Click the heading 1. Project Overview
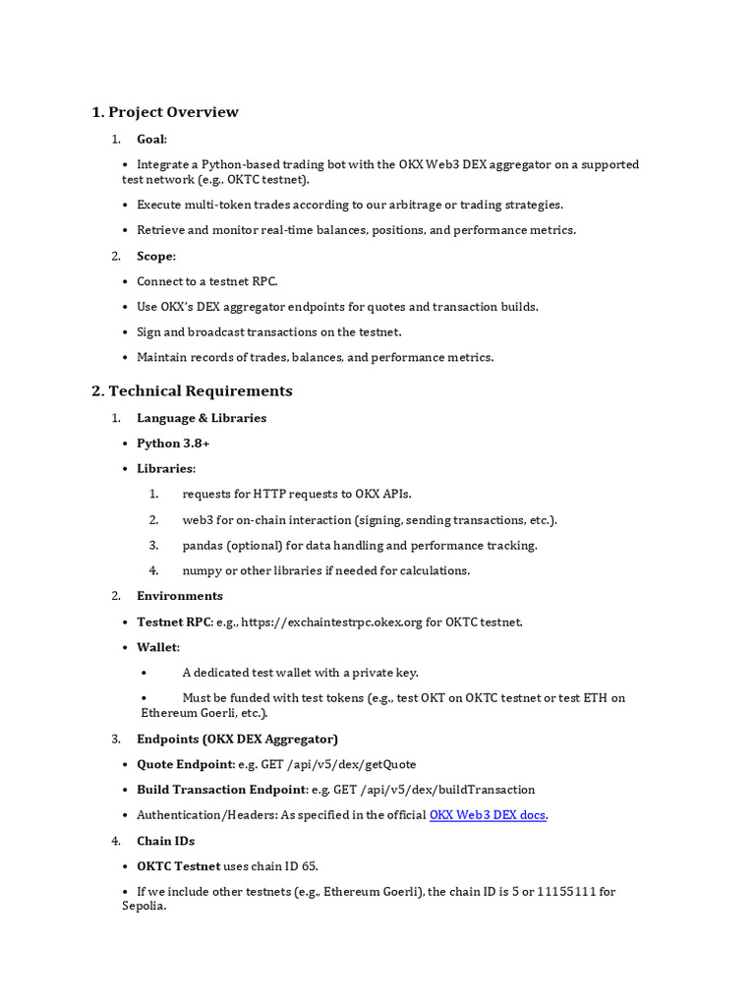point(165,112)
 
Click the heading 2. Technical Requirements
point(192,390)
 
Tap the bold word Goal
point(150,140)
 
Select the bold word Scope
point(154,256)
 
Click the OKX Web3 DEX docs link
point(488,815)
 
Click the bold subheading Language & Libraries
point(202,418)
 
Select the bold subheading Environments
point(180,596)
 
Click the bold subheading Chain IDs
point(165,841)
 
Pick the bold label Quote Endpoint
point(186,764)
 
